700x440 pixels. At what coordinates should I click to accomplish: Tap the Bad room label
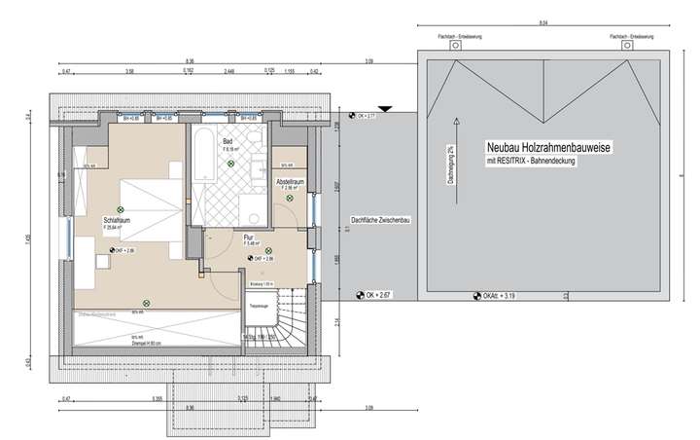point(227,142)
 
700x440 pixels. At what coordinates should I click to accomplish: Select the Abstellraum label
point(291,182)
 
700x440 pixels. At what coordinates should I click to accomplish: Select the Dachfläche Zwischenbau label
point(380,221)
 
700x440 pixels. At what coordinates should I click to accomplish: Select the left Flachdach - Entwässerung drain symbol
point(455,46)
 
